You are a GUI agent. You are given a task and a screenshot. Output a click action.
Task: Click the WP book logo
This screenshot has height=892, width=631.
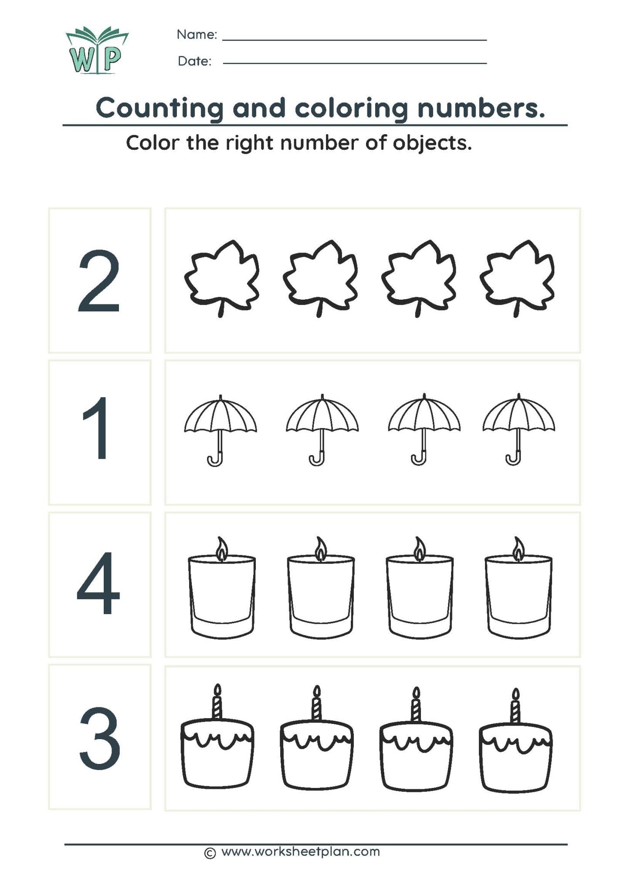coord(97,50)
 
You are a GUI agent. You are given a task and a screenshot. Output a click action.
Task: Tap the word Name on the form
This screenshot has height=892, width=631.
coord(197,35)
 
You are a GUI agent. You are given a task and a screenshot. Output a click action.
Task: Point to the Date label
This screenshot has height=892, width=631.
coord(194,61)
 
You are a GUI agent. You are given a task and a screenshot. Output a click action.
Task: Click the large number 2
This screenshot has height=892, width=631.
coord(99,281)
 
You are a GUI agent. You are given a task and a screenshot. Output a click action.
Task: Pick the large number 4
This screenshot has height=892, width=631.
coord(98,583)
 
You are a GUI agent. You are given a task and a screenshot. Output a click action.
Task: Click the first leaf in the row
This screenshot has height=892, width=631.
coord(221,275)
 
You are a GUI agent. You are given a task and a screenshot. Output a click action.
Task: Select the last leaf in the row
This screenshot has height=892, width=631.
coord(517,275)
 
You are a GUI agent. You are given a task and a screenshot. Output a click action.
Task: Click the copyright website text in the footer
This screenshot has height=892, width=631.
coord(292,851)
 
